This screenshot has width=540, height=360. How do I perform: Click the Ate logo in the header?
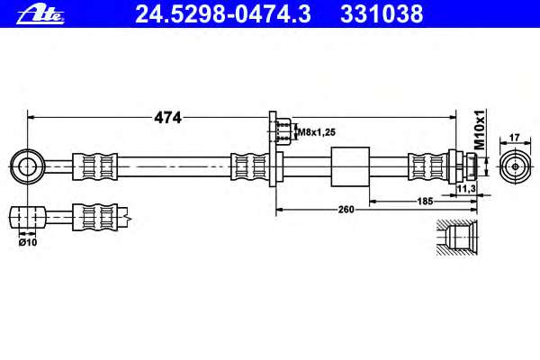pos(40,15)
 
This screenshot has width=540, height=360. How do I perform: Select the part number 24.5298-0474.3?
pos(223,14)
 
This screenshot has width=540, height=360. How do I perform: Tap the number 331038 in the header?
pos(382,14)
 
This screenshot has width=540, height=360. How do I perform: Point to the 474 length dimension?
pos(167,118)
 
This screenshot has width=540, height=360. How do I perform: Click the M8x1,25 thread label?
pos(316,132)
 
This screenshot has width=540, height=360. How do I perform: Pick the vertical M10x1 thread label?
pos(480,130)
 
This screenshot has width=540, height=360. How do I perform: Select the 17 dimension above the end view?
pos(514,138)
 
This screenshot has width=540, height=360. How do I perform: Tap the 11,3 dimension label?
pos(466,188)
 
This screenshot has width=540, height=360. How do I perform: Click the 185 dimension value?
pos(425,202)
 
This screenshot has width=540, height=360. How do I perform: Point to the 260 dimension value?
pos(346,210)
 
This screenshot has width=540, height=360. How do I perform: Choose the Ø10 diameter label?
pos(28,242)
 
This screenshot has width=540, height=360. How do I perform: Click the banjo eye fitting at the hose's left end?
pos(27,166)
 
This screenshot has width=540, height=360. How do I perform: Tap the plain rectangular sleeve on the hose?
pos(350,166)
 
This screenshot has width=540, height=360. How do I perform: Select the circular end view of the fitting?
pos(515,166)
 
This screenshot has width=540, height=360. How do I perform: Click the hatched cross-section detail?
pos(457,238)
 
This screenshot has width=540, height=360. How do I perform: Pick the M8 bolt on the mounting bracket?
pos(284,131)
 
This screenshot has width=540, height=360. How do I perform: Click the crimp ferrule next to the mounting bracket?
pos(249,166)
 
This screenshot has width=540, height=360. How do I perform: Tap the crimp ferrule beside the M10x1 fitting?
pos(427,166)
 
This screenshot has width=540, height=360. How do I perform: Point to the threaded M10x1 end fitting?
pos(463,166)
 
